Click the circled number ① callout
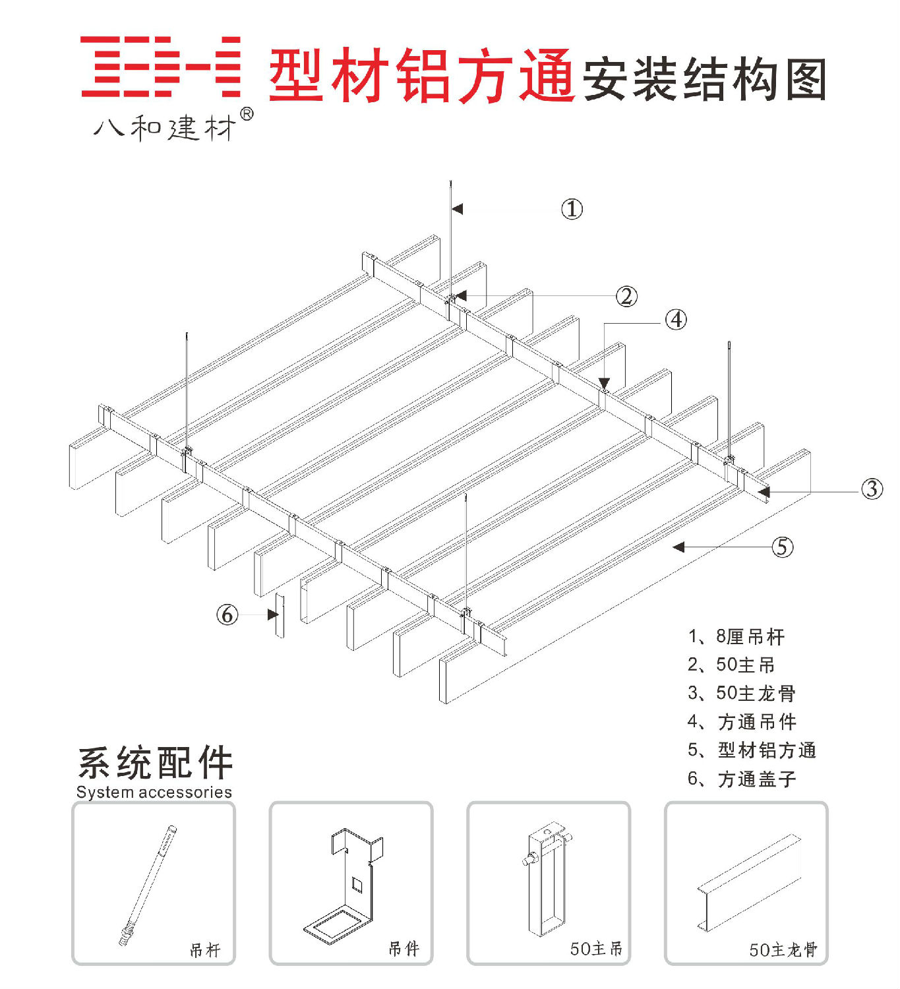pos(572,209)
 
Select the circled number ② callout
pos(626,296)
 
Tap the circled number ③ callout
pos(872,489)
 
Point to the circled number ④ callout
pos(675,320)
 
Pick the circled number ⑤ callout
pos(782,547)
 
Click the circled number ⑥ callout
pos(227,614)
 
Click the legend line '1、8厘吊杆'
pos(736,637)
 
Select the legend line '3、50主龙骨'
pos(741,693)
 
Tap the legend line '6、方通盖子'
pos(741,779)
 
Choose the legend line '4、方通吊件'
pos(741,722)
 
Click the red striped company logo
pos(160,67)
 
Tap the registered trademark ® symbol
pos(247,114)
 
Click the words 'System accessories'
pos(154,792)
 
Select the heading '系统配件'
pos(156,763)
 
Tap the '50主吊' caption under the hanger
pos(596,949)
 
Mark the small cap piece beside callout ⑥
pos(280,616)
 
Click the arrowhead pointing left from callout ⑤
pos(679,547)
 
